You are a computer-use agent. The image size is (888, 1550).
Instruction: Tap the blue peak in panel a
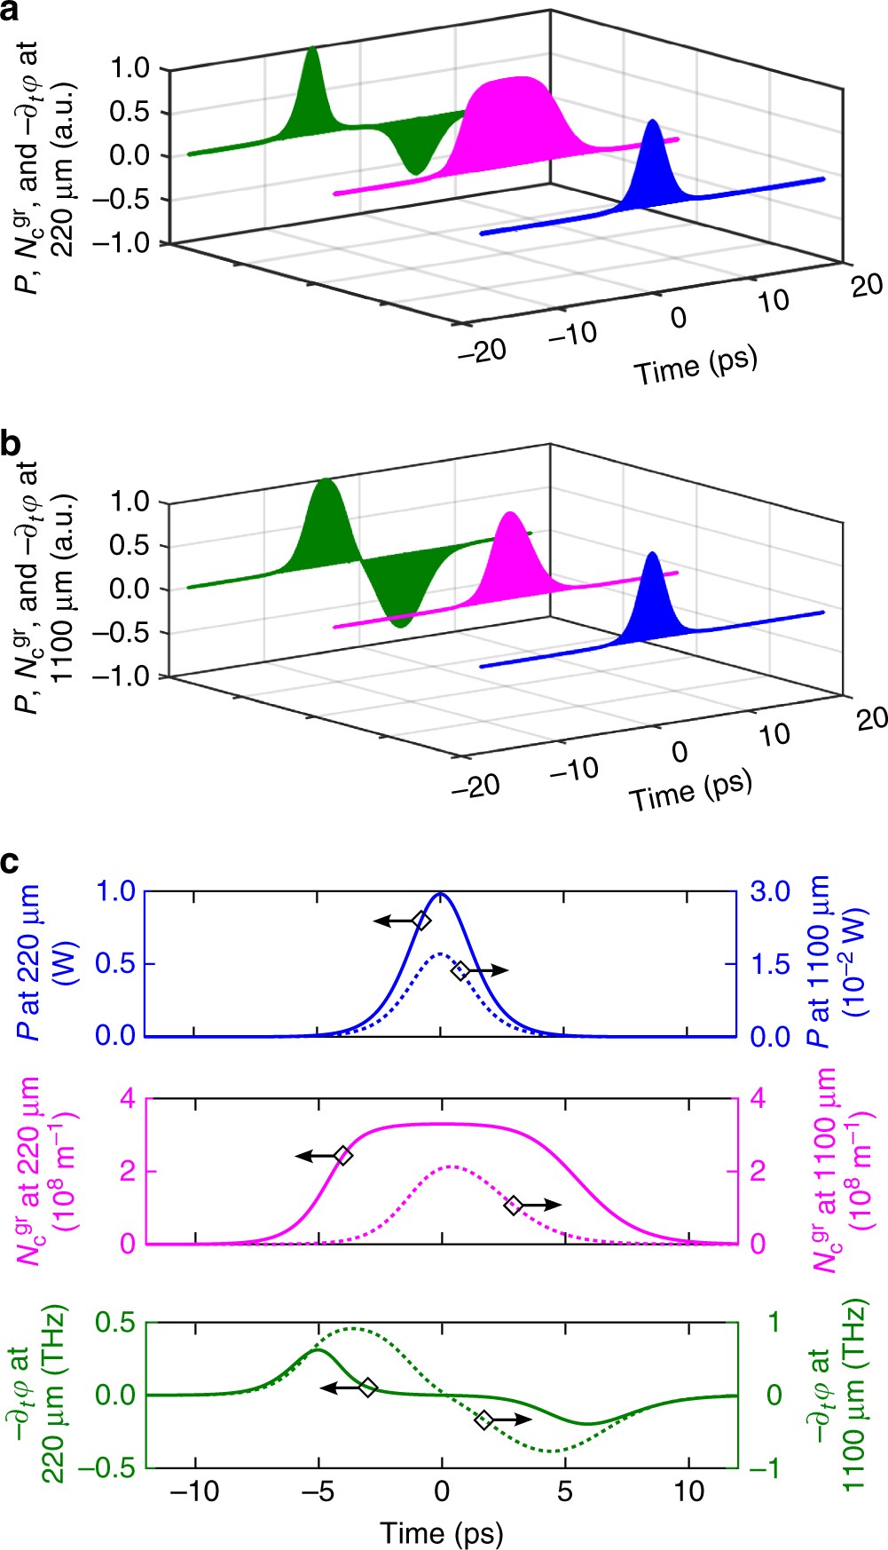click(x=654, y=124)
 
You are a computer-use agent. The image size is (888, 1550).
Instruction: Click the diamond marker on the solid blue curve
click(x=422, y=921)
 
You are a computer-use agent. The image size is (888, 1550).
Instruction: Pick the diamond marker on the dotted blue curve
click(x=460, y=971)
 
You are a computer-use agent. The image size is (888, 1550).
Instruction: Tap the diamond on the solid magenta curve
click(x=343, y=1156)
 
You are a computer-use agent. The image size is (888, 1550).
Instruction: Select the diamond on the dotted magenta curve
click(x=513, y=1205)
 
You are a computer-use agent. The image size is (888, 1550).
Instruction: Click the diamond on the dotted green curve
click(x=483, y=1420)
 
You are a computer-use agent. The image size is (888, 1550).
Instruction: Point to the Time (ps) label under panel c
click(x=442, y=1533)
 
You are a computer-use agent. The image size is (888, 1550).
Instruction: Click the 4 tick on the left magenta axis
click(x=128, y=1099)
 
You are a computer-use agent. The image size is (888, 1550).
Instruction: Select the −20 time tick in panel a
click(x=482, y=351)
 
